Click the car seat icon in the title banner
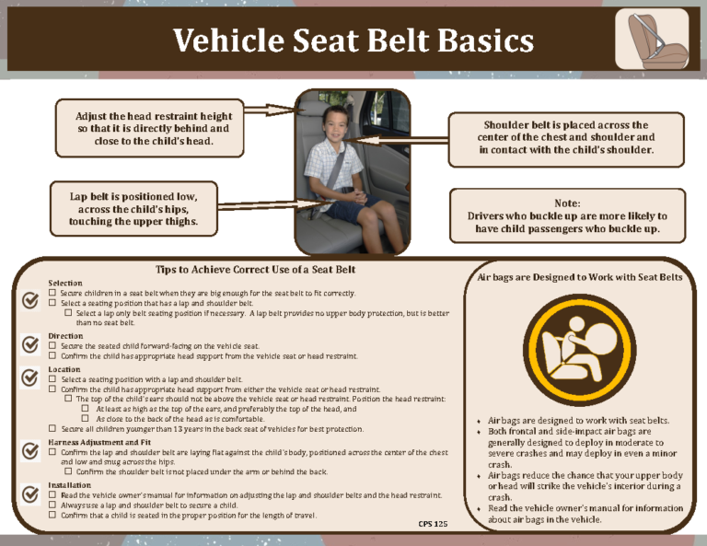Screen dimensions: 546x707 pyautogui.click(x=651, y=39)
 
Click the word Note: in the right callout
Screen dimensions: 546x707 pyautogui.click(x=567, y=203)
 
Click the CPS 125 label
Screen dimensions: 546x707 pyautogui.click(x=433, y=524)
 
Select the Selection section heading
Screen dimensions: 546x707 pyautogui.click(x=65, y=283)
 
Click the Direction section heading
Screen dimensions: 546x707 pyautogui.click(x=66, y=336)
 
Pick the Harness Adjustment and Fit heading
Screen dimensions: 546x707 pyautogui.click(x=99, y=443)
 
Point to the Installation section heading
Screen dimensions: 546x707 pyautogui.click(x=70, y=485)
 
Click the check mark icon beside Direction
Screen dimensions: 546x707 pyautogui.click(x=29, y=343)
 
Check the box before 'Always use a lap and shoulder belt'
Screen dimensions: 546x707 pyautogui.click(x=53, y=505)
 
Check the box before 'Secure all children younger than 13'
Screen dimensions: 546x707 pyautogui.click(x=53, y=429)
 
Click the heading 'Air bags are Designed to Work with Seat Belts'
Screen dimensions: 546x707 pyautogui.click(x=580, y=276)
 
